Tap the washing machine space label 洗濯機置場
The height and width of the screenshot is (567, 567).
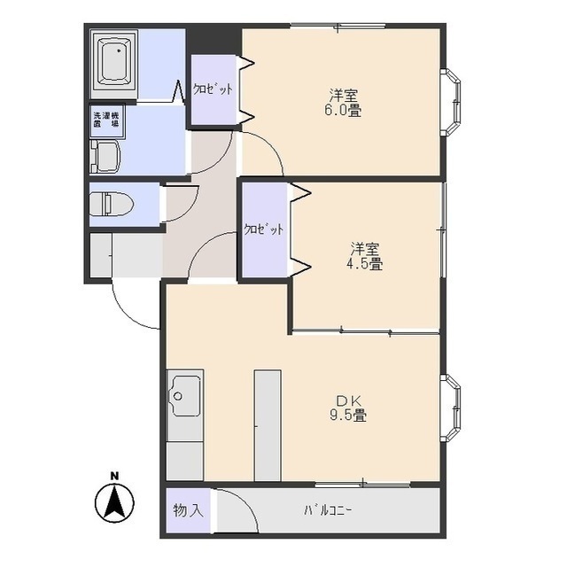pyautogui.click(x=106, y=121)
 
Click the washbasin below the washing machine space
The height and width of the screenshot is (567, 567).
pyautogui.click(x=104, y=156)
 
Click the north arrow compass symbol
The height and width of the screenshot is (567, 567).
pyautogui.click(x=113, y=504)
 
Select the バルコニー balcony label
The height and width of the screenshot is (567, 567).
pyautogui.click(x=328, y=511)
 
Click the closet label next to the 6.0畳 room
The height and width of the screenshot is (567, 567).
pyautogui.click(x=213, y=89)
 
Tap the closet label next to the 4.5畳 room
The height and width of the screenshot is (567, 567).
pyautogui.click(x=264, y=229)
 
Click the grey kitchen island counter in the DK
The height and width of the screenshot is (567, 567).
pyautogui.click(x=267, y=425)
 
